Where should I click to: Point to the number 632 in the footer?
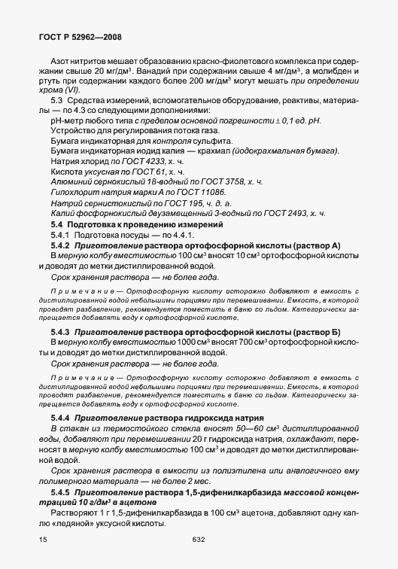pos(199,540)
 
